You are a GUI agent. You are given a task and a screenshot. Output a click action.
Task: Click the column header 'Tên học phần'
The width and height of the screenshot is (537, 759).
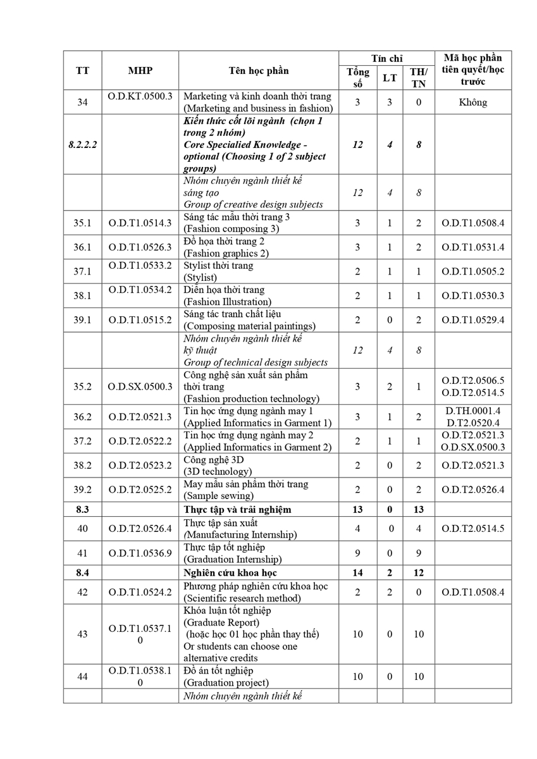[x=258, y=71]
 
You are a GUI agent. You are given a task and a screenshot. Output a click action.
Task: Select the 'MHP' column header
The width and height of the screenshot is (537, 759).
[x=140, y=71]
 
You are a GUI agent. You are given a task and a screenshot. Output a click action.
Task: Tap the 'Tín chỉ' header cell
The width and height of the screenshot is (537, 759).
[x=386, y=58]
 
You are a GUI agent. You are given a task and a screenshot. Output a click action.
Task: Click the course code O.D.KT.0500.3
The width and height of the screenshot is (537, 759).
[x=140, y=97]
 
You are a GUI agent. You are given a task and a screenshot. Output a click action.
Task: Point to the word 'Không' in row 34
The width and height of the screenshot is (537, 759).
[x=473, y=102]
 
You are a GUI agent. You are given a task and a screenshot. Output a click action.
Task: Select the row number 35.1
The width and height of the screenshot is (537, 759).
[x=82, y=223]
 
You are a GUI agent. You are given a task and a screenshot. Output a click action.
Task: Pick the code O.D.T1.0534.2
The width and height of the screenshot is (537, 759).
[x=140, y=290]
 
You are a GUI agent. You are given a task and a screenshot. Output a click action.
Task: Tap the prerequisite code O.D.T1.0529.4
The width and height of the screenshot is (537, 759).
[x=473, y=320]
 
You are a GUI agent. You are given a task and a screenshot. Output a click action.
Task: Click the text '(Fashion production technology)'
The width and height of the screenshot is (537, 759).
[x=251, y=398]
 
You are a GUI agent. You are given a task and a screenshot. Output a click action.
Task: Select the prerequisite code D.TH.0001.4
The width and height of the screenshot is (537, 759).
[x=473, y=411]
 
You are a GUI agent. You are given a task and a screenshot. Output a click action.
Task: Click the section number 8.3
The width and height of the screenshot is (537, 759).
[x=82, y=509]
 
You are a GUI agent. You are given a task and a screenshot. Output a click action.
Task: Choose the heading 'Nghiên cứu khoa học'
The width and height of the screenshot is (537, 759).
[x=231, y=573]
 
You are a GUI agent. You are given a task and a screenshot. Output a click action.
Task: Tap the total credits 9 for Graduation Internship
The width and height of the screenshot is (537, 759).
[x=357, y=553]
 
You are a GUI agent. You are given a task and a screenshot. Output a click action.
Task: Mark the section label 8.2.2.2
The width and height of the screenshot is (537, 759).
[x=82, y=145]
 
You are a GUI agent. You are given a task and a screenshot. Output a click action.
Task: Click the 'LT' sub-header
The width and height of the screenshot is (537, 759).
[x=390, y=78]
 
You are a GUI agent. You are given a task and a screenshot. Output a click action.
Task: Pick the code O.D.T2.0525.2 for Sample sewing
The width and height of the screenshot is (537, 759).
[x=140, y=490]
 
